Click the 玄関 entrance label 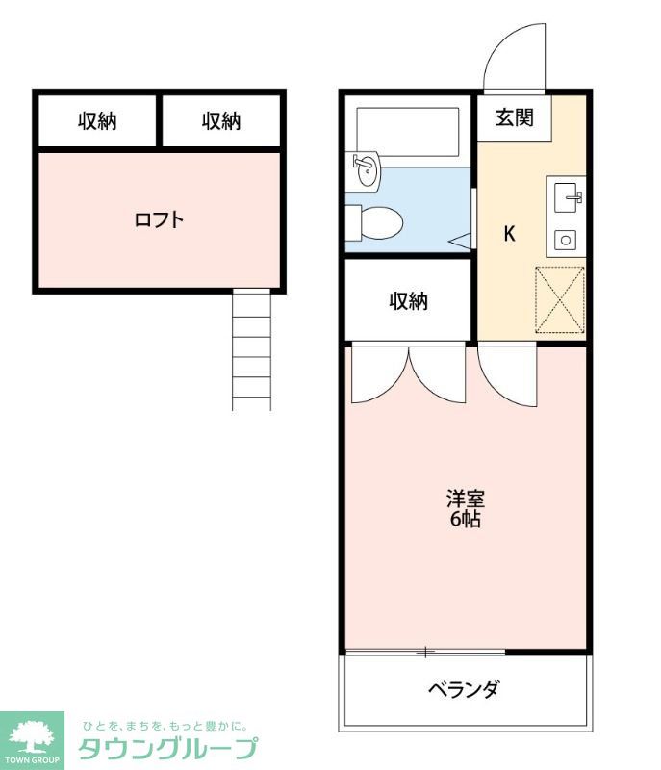[515, 118]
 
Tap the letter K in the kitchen [510, 233]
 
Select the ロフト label [159, 219]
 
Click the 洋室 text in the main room [465, 500]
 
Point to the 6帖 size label [465, 520]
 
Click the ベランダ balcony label [464, 689]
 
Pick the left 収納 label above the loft [97, 121]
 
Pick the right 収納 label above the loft [221, 121]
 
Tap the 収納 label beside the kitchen [408, 301]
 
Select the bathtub [408, 132]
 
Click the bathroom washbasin [366, 171]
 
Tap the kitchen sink [567, 199]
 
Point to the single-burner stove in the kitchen [565, 240]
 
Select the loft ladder [251, 349]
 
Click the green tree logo [31, 738]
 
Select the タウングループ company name [167, 749]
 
